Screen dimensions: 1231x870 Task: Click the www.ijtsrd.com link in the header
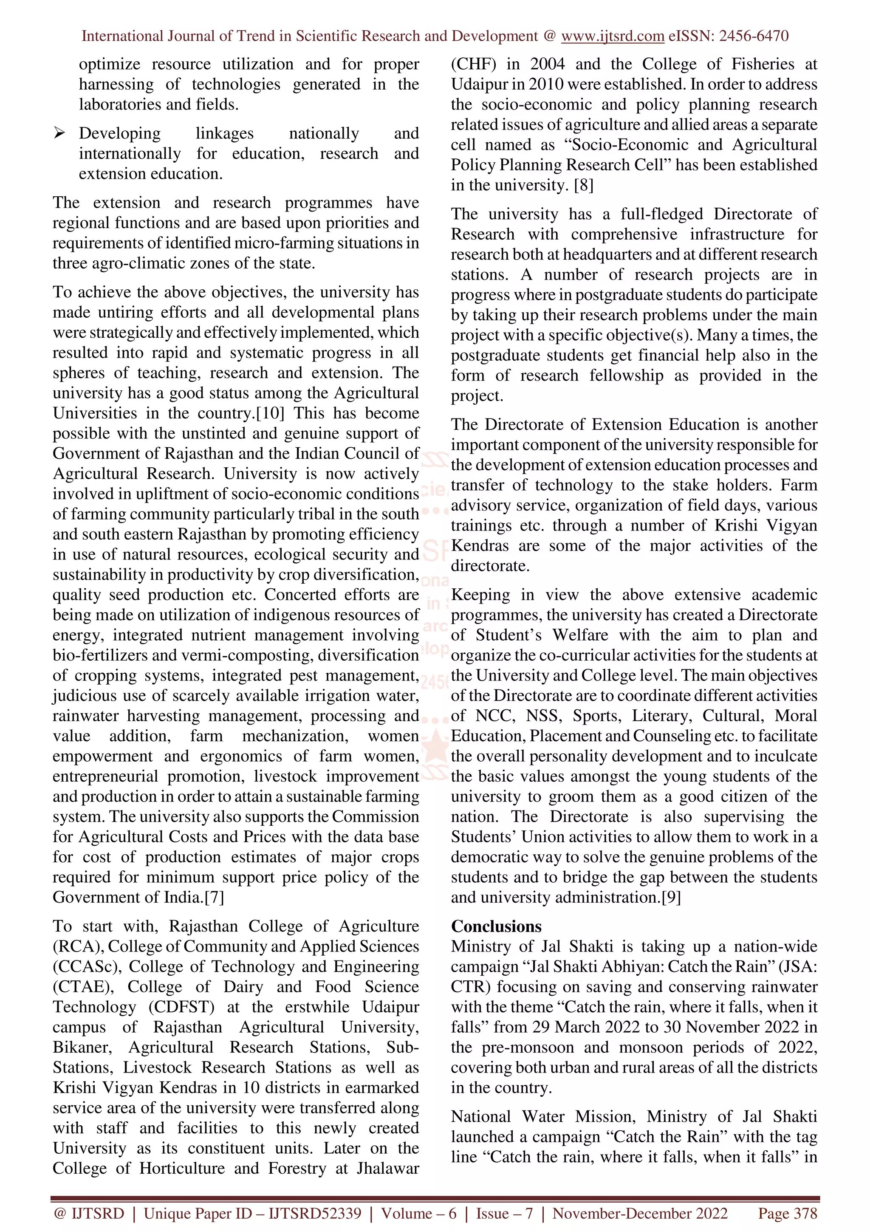pyautogui.click(x=612, y=36)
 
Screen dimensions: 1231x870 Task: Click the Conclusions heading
pyautogui.click(x=496, y=926)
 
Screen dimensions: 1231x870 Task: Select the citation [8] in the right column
pyautogui.click(x=583, y=186)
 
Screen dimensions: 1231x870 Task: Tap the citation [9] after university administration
pyautogui.click(x=671, y=898)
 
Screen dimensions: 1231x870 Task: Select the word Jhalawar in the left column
pyautogui.click(x=387, y=1168)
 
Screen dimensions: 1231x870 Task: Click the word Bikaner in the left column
pyautogui.click(x=82, y=1047)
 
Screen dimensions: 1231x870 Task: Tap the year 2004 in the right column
pyautogui.click(x=547, y=64)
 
